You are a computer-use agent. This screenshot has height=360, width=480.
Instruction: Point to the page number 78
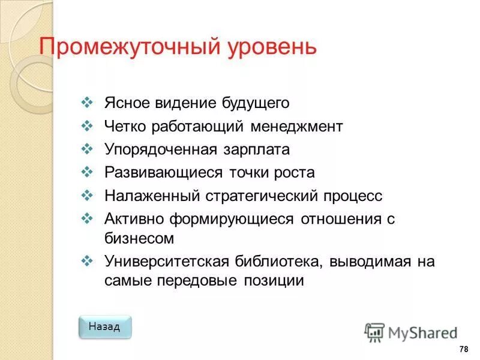click(x=463, y=350)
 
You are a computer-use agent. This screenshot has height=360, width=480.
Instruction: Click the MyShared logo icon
click(x=374, y=332)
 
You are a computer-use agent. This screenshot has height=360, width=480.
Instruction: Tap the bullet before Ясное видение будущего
click(x=85, y=103)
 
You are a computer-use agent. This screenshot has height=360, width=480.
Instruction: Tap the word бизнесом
click(x=139, y=238)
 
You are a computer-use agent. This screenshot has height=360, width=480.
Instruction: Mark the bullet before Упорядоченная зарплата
click(x=85, y=149)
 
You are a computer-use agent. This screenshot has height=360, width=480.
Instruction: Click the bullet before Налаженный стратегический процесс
click(x=85, y=196)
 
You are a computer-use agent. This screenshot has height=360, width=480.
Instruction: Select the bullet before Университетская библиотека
click(x=85, y=262)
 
